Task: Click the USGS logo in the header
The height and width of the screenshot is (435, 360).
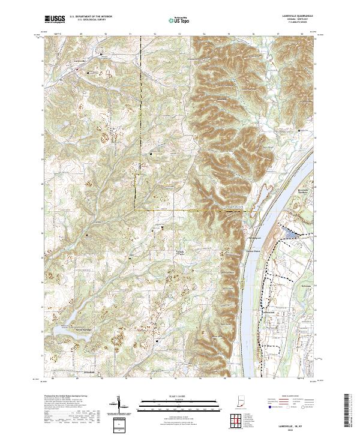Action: coord(55,19)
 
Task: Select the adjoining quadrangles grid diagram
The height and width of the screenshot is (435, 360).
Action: coord(235,419)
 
